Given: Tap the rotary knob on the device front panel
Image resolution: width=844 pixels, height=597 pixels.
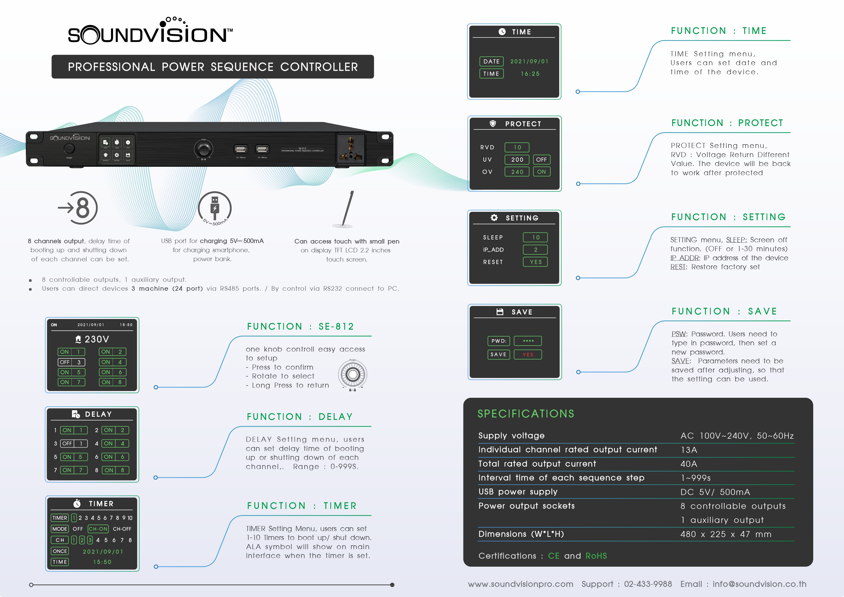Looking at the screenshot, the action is [x=203, y=150].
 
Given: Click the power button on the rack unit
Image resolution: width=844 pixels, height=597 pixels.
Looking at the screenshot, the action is [x=69, y=148].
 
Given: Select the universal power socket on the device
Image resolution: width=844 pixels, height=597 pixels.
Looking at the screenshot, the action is [x=351, y=148].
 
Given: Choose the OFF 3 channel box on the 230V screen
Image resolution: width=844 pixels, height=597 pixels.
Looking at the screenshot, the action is [x=71, y=362].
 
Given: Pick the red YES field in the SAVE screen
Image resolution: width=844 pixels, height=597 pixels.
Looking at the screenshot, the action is [x=528, y=354].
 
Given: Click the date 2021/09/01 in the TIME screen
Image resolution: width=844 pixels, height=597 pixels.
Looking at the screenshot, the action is [x=529, y=61].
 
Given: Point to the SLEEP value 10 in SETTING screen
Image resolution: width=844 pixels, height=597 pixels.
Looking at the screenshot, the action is [x=536, y=238].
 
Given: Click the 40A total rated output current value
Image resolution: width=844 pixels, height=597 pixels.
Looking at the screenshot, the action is [x=689, y=464].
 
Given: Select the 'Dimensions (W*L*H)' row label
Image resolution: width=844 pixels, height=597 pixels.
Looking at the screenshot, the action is [x=521, y=534].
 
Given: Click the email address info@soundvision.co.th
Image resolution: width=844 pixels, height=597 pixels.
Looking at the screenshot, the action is [x=760, y=584].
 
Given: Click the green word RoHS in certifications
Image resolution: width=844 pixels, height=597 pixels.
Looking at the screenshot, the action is [x=596, y=556].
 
